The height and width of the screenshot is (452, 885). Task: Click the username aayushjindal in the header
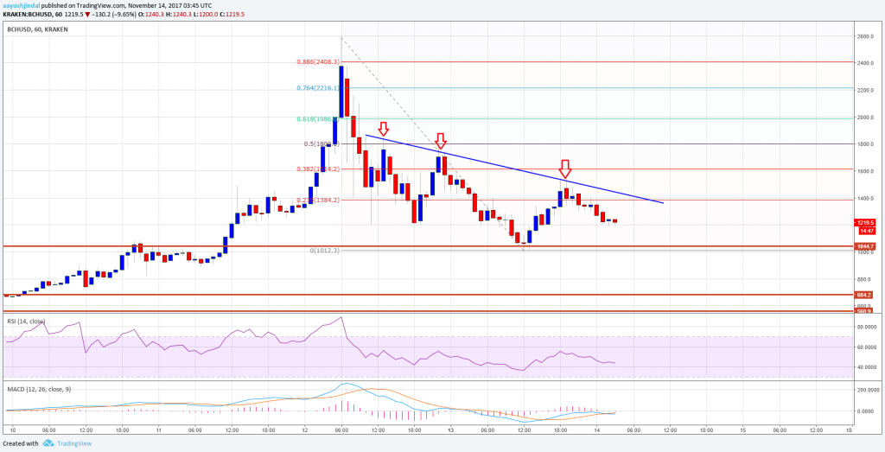coord(22,4)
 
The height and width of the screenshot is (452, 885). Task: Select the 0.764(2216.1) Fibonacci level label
coord(318,88)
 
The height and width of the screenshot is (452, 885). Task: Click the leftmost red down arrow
coord(383,129)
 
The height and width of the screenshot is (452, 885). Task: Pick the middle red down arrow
coord(440,140)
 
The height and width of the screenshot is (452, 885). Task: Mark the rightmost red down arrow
coord(565,167)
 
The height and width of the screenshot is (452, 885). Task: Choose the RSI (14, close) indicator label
coord(25,320)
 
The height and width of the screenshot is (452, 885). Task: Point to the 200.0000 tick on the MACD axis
coord(867,391)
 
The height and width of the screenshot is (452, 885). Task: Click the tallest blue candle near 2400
coord(341,91)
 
